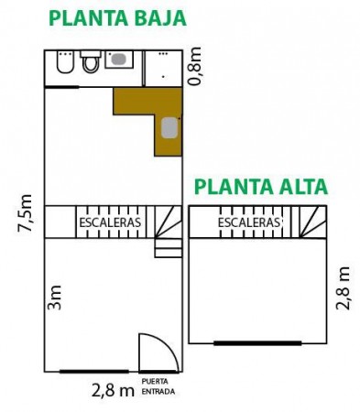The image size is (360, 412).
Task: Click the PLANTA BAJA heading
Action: (117, 18)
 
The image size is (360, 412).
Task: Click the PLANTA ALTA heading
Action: (261, 187)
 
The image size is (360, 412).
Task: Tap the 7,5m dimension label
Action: (25, 213)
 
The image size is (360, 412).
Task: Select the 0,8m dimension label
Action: (195, 66)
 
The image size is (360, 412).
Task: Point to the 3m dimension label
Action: (55, 298)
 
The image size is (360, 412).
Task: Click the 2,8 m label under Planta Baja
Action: (113, 391)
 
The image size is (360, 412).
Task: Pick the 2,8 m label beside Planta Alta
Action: (343, 288)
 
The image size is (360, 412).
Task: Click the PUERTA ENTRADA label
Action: (158, 386)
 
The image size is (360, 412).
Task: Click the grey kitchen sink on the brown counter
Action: (169, 127)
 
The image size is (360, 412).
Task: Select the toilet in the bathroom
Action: (91, 61)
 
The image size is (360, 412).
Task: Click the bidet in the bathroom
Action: (65, 62)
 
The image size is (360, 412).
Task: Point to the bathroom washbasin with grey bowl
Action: (119, 60)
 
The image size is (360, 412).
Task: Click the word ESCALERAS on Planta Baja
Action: (110, 222)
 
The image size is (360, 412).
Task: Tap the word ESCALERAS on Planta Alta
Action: (249, 222)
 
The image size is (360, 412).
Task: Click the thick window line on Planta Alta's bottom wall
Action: (257, 343)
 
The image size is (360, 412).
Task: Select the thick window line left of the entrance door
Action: (94, 372)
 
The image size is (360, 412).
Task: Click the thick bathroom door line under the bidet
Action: (62, 87)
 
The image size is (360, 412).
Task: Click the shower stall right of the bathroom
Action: (163, 69)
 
